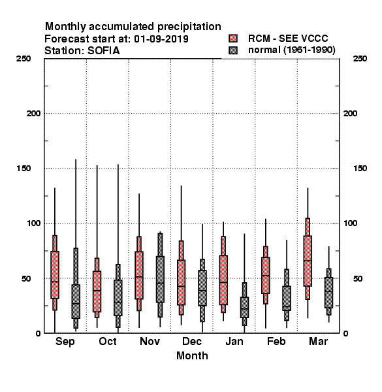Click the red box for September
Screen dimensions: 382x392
[55, 275]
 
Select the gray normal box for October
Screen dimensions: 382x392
[118, 298]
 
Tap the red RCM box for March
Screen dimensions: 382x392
[308, 261]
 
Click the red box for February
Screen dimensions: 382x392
[266, 275]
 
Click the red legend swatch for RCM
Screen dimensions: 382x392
[233, 39]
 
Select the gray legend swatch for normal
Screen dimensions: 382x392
[233, 50]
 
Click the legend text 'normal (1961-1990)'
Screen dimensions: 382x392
[291, 50]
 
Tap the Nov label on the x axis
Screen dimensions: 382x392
[150, 341]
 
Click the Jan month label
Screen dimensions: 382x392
[234, 341]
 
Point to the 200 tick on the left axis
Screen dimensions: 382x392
[33, 114]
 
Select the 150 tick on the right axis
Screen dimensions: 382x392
[360, 169]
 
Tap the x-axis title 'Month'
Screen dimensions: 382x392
[192, 356]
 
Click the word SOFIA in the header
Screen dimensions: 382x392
[103, 51]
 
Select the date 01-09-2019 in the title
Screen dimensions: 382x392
[161, 39]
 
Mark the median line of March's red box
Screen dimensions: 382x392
[308, 261]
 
